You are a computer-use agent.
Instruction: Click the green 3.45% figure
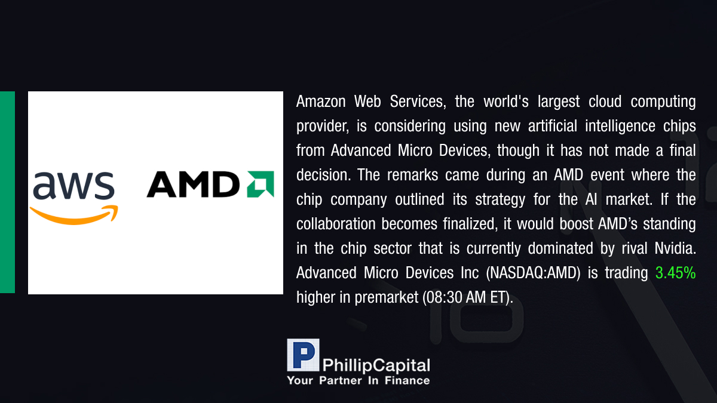pyautogui.click(x=675, y=273)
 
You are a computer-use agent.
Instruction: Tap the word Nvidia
pyautogui.click(x=675, y=248)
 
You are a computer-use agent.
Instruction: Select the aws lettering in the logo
pyautogui.click(x=73, y=185)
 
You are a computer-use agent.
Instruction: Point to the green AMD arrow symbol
pyautogui.click(x=261, y=184)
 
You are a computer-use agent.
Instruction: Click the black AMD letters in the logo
pyautogui.click(x=193, y=184)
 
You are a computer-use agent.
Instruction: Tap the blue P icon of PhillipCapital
pyautogui.click(x=303, y=355)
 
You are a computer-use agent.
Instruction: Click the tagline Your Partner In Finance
pyautogui.click(x=358, y=380)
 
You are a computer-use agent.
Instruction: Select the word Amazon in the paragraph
pyautogui.click(x=321, y=101)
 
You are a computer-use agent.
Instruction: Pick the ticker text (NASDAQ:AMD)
pyautogui.click(x=533, y=273)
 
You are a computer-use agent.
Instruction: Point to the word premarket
pyautogui.click(x=387, y=298)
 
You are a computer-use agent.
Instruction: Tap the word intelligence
pyautogui.click(x=620, y=127)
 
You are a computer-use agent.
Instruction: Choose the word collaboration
pyautogui.click(x=336, y=224)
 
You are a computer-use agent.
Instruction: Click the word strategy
pyautogui.click(x=500, y=200)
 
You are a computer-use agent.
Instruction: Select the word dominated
pyautogui.click(x=560, y=248)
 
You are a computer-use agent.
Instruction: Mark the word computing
pyautogui.click(x=663, y=102)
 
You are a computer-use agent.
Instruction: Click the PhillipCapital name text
pyautogui.click(x=376, y=365)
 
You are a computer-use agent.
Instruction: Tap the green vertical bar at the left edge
pyautogui.click(x=7, y=192)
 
